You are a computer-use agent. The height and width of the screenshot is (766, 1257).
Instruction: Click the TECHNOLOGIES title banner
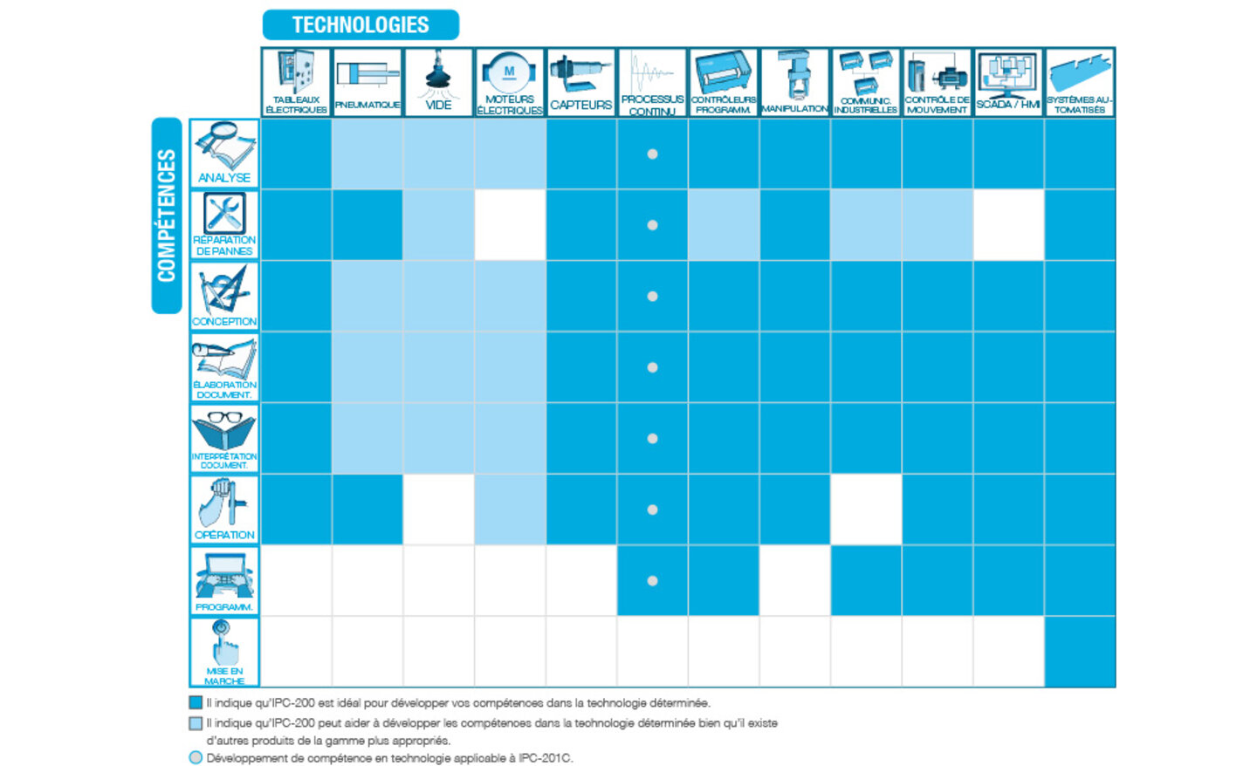click(x=361, y=24)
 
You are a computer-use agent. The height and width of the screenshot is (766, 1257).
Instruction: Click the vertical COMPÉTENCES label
click(x=166, y=215)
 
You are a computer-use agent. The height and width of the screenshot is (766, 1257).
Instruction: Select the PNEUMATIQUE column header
click(x=367, y=83)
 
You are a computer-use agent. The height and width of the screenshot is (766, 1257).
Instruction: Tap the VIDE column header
click(x=438, y=83)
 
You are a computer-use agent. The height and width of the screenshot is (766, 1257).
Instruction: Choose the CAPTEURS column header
click(x=580, y=83)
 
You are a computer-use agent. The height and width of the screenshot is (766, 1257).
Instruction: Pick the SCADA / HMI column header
click(x=1008, y=83)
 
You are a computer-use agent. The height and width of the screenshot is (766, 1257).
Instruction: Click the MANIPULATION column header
click(x=794, y=83)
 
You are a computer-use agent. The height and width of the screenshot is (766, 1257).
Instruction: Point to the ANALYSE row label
click(x=224, y=154)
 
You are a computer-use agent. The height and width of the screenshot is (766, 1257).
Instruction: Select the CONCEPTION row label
click(x=224, y=296)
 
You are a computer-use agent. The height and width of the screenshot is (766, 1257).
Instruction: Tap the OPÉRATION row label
click(x=224, y=510)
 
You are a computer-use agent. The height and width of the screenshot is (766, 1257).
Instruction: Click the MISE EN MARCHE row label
click(x=224, y=652)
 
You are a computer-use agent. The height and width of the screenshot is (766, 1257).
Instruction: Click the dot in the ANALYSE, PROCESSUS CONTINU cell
click(x=652, y=154)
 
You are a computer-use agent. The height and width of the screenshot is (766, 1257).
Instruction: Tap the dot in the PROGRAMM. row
click(x=652, y=581)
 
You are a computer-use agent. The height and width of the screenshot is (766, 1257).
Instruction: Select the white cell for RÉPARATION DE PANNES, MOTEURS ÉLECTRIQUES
click(x=510, y=225)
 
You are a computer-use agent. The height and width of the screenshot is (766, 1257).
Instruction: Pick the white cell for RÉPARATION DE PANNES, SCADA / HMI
click(x=1008, y=225)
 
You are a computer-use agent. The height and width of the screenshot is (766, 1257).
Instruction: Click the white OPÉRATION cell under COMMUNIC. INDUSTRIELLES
click(x=866, y=510)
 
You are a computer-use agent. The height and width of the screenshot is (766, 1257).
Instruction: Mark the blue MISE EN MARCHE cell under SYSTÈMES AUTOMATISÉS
click(x=1080, y=652)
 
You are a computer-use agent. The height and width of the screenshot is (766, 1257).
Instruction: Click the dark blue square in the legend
click(x=196, y=702)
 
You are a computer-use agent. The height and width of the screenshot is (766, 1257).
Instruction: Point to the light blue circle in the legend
click(x=196, y=758)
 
